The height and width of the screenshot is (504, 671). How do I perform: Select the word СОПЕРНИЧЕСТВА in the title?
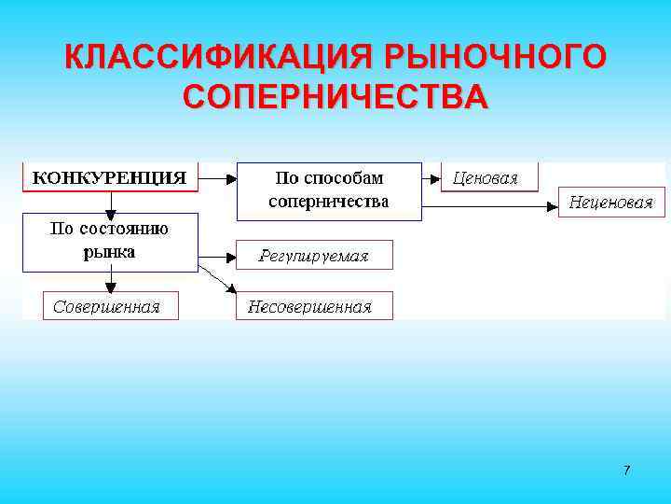335,97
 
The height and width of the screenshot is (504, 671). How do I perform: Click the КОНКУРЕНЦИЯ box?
110,176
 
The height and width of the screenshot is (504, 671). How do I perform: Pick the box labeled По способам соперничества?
329,190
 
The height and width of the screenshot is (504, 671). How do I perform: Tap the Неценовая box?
611,202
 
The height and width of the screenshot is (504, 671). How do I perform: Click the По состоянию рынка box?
110,242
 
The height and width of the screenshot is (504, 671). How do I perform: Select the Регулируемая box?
314,255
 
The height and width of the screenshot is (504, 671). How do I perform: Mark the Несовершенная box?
314,305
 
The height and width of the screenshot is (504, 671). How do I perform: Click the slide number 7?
626,470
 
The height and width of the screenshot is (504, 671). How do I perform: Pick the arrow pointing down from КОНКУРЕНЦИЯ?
111,203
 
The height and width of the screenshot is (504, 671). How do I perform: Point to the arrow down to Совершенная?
111,281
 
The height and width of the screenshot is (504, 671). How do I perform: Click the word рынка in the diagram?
109,252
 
